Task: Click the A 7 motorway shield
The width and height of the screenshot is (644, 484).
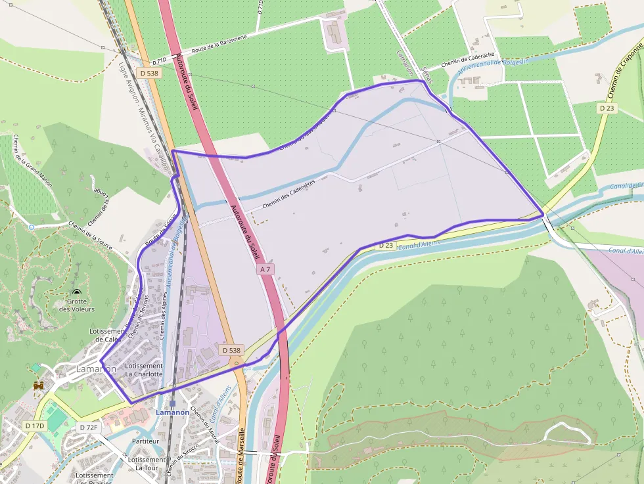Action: pyautogui.click(x=265, y=269)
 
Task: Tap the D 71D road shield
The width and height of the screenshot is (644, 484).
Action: pyautogui.click(x=159, y=62)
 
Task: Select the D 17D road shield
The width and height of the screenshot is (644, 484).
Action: pyautogui.click(x=35, y=426)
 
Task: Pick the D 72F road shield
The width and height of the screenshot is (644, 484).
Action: pyautogui.click(x=89, y=428)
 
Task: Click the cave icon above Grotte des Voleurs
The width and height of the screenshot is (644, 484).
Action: pyautogui.click(x=78, y=292)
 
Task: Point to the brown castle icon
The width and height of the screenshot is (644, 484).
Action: pyautogui.click(x=39, y=386)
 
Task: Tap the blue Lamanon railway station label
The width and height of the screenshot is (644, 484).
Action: pyautogui.click(x=172, y=412)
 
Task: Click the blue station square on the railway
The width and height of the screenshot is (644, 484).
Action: pyautogui.click(x=172, y=405)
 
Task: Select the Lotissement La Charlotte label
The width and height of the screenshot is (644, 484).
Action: pyautogui.click(x=143, y=370)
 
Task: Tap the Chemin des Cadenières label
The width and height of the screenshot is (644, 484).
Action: pyautogui.click(x=289, y=194)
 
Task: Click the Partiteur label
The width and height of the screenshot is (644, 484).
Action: pyautogui.click(x=146, y=441)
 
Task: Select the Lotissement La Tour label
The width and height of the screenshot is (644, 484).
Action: pyautogui.click(x=147, y=464)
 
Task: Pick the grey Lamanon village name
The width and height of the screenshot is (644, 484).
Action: pyautogui.click(x=96, y=369)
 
